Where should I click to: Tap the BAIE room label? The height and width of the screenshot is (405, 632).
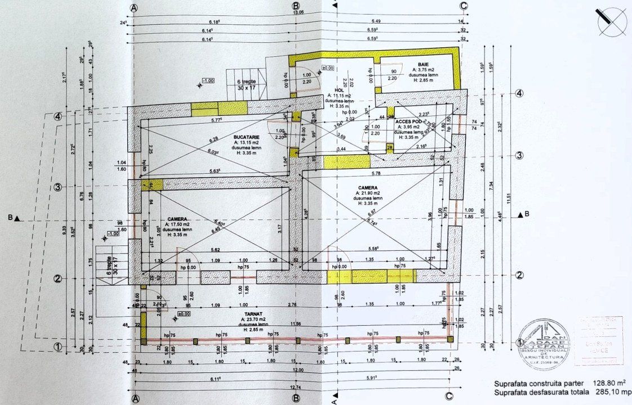click(x=424, y=65)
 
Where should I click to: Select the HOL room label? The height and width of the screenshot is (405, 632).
click(x=339, y=90)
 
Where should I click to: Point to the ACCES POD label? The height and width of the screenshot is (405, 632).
click(x=408, y=121)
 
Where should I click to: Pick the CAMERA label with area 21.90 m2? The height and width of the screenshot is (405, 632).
click(x=367, y=188)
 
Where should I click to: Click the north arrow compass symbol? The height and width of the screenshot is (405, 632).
click(x=611, y=22)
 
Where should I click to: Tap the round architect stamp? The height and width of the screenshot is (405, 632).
click(x=545, y=344)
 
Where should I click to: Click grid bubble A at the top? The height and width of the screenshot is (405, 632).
click(x=134, y=7)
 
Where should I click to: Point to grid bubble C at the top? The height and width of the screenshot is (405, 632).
click(x=464, y=6)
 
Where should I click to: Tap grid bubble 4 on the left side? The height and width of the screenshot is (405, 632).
click(x=57, y=117)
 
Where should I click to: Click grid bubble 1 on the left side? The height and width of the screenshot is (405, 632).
click(x=57, y=347)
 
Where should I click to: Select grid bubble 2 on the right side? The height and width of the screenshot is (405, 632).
click(x=520, y=275)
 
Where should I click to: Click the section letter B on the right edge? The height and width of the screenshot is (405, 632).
click(x=527, y=214)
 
